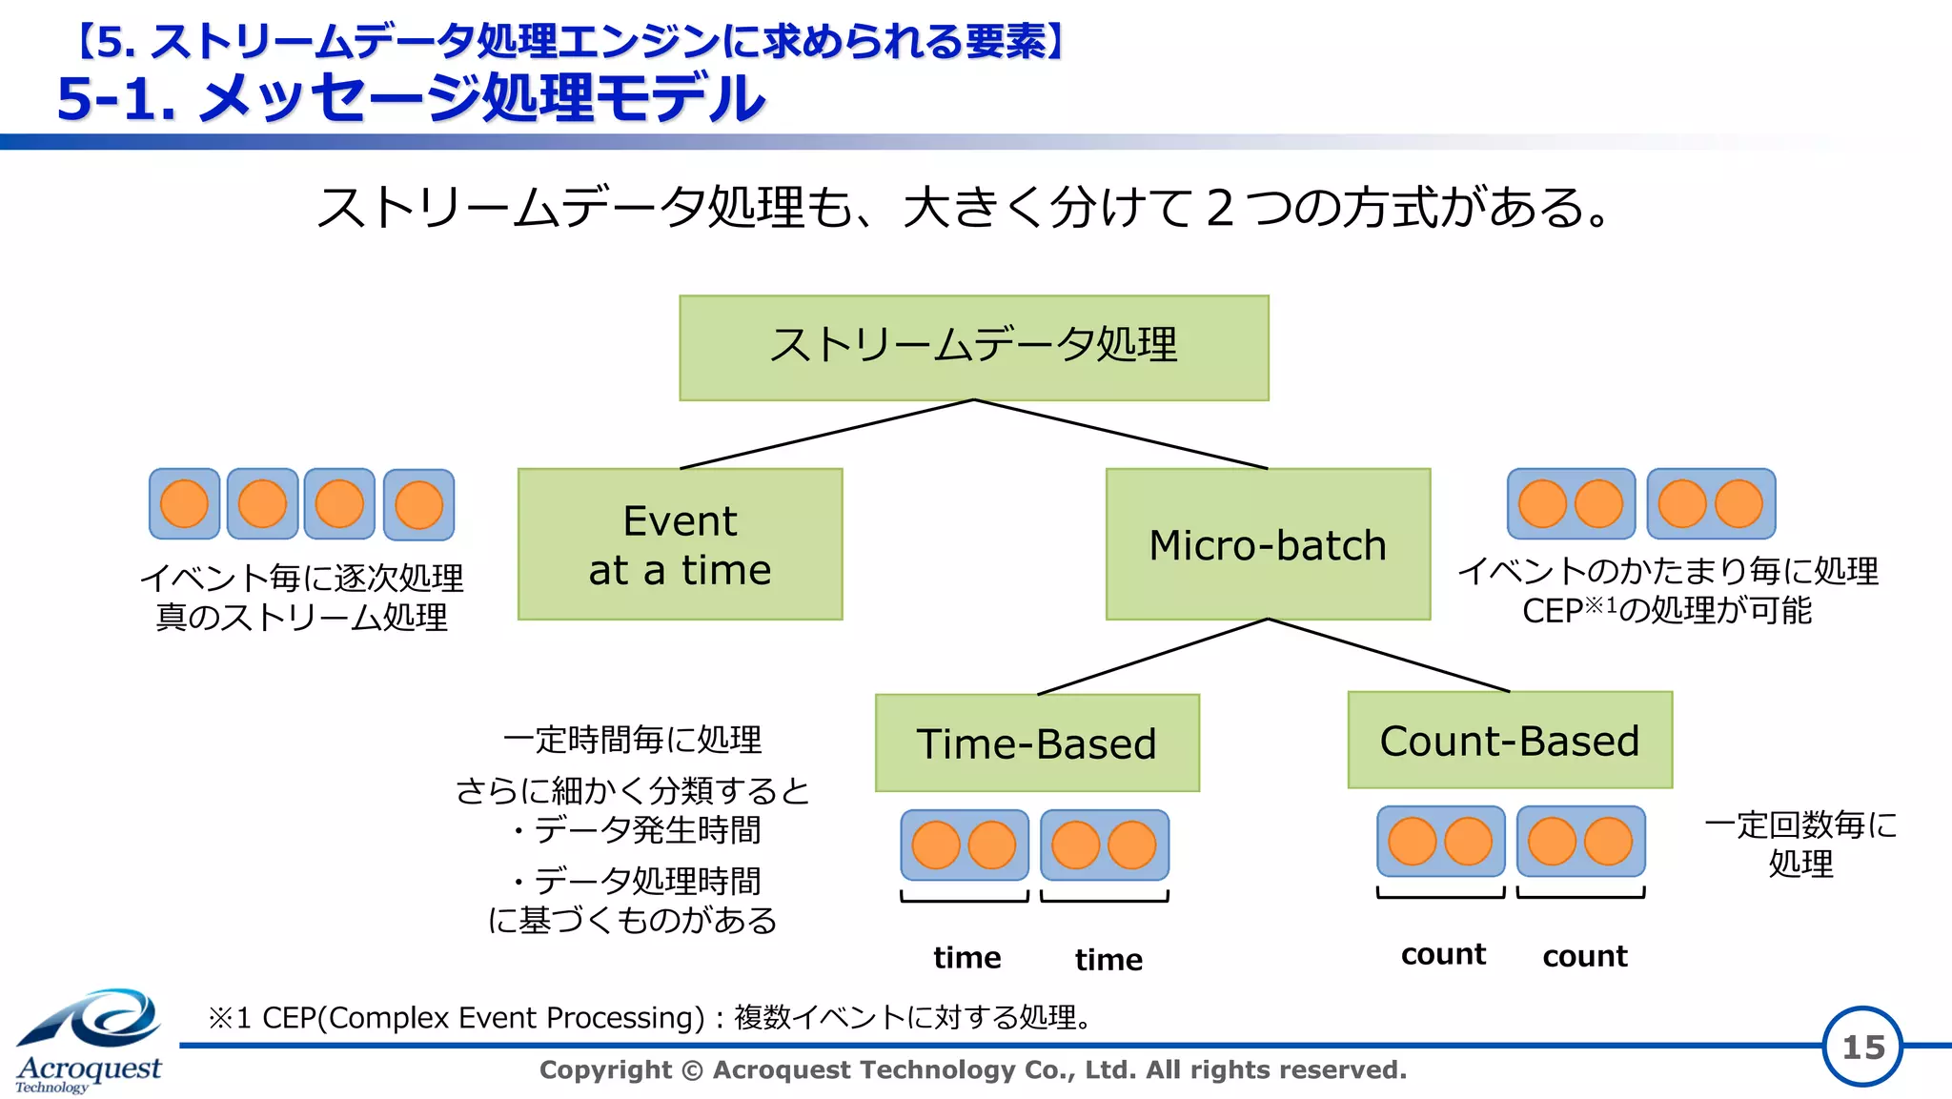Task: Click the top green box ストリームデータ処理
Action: point(973,347)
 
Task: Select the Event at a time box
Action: point(680,544)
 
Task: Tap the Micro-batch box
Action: point(1268,544)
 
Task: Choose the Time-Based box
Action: point(1037,743)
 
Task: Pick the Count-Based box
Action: point(1510,741)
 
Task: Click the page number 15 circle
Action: point(1862,1047)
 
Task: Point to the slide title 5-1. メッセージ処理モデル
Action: point(411,98)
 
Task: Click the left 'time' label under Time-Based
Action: point(966,957)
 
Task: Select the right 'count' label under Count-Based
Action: point(1584,956)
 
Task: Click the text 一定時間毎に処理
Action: point(633,739)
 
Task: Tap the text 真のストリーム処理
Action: point(301,617)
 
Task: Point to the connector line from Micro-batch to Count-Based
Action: point(1389,656)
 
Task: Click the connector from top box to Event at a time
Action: point(827,434)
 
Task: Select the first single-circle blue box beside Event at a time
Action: point(185,504)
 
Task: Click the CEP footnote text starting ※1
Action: point(648,1017)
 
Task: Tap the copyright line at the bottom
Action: point(972,1069)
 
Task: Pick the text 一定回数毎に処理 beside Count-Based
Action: point(1800,843)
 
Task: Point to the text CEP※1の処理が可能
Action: point(1666,610)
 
